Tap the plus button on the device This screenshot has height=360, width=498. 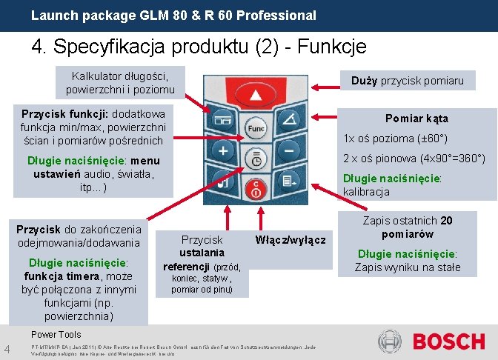tap(222, 150)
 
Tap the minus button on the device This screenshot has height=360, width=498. tap(289, 151)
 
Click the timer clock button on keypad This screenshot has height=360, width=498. tap(256, 159)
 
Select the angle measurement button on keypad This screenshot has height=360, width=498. tap(290, 119)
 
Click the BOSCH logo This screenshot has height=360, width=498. tap(448, 341)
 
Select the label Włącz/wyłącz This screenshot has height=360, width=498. tap(290, 240)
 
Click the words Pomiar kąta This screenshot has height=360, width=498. tap(416, 119)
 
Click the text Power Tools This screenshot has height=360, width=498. tap(56, 335)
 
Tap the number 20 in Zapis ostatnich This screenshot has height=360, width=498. tap(446, 221)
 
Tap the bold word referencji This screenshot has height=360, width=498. tap(186, 267)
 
